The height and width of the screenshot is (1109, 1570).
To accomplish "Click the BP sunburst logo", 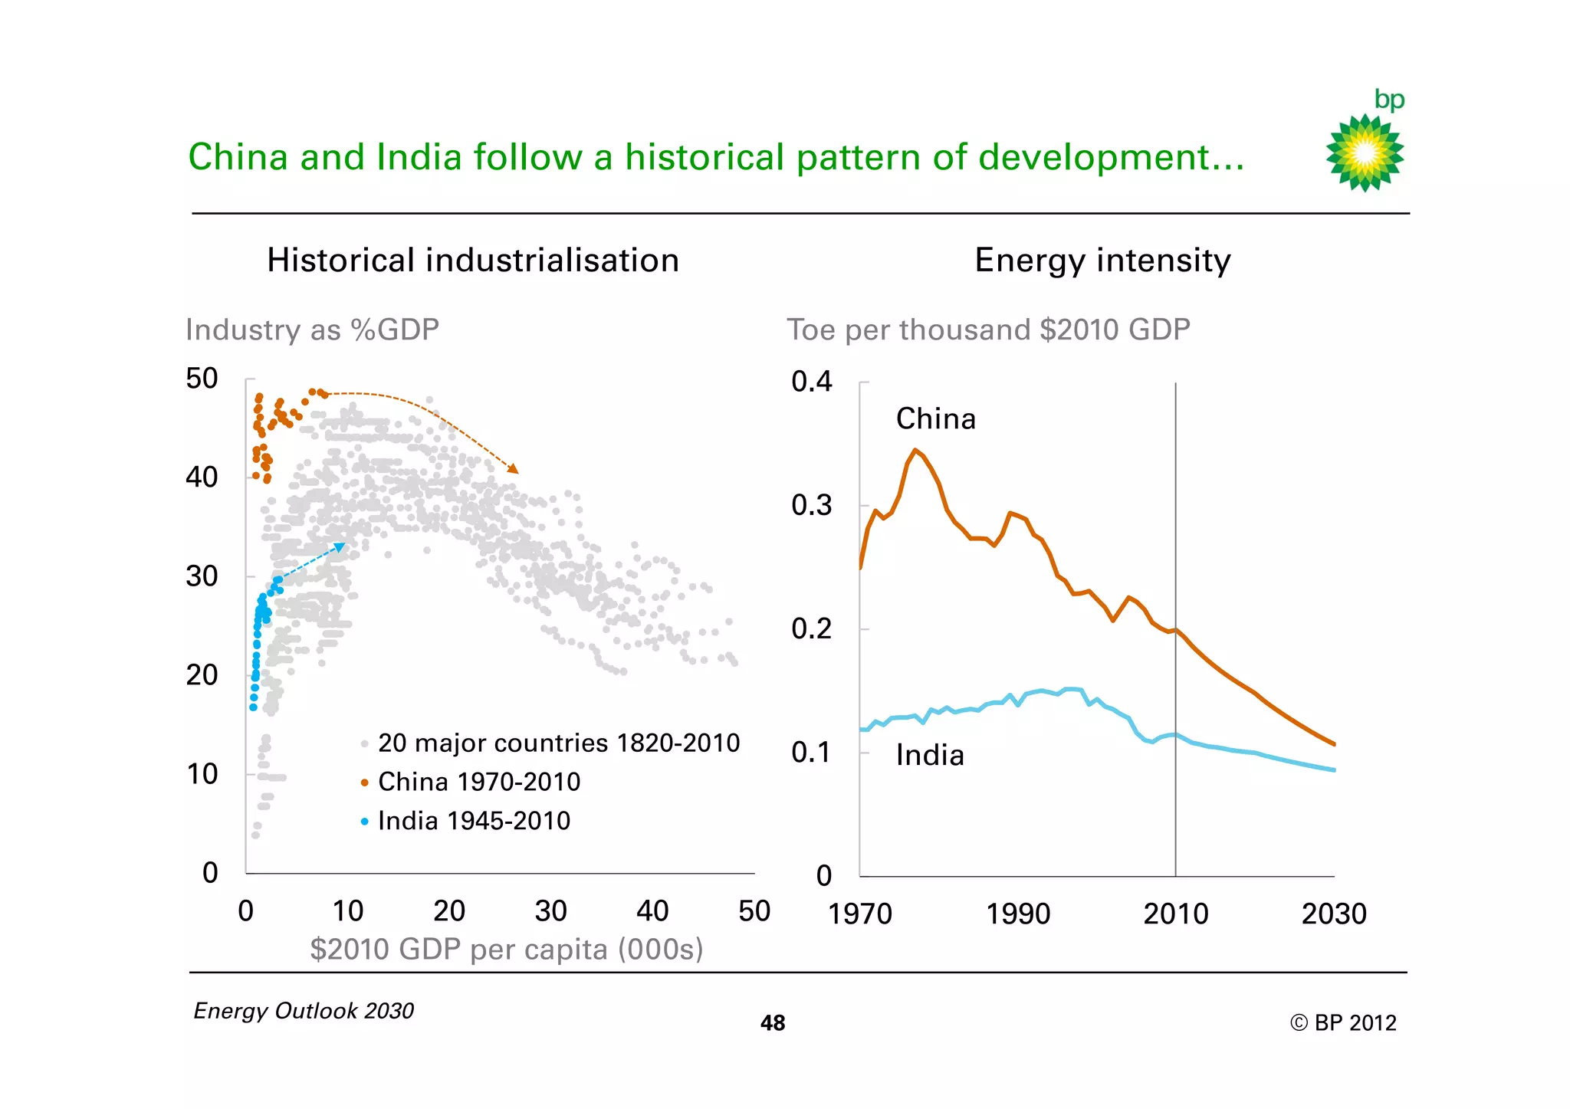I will point(1365,152).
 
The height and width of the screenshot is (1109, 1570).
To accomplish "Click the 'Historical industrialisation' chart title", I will point(473,260).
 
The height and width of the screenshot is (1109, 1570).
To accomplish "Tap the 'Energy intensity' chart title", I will point(1102,260).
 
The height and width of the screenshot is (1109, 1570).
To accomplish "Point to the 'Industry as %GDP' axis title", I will point(312,330).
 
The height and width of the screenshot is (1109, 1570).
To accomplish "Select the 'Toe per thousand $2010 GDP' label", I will point(988,330).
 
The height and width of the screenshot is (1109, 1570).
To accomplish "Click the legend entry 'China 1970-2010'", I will point(478,782).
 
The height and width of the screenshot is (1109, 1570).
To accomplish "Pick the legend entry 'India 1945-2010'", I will point(474,821).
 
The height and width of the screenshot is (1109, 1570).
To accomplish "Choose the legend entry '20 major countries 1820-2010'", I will point(558,743).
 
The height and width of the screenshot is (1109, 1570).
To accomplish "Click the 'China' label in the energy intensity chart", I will point(935,419).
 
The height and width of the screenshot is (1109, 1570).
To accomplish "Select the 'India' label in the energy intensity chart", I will point(930,756).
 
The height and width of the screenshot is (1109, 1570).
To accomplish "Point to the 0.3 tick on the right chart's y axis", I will point(811,505).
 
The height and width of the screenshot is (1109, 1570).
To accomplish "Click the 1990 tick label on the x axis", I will point(1017,914).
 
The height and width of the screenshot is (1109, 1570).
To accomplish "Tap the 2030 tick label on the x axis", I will point(1333,914).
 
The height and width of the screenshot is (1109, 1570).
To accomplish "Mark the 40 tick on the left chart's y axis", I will point(202,477).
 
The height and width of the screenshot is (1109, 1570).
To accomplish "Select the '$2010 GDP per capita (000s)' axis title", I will point(506,949).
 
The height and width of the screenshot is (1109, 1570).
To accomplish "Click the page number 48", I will point(772,1023).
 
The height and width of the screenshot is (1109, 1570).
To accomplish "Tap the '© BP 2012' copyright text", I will point(1342,1023).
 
